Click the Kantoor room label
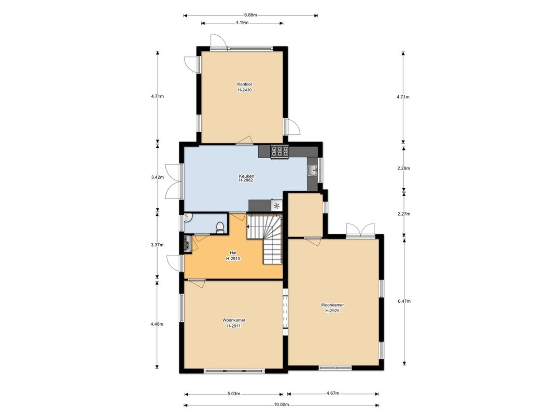[245, 85]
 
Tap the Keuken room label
[246, 176]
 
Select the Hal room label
[233, 253]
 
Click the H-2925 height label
[332, 311]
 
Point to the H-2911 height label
[233, 326]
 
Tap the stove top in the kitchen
[279, 151]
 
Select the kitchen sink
[313, 171]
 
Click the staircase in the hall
[265, 239]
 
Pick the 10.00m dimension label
[281, 404]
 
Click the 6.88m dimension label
[250, 15]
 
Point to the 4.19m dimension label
[242, 22]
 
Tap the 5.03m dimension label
[233, 394]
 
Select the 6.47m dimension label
[404, 301]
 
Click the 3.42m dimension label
[157, 177]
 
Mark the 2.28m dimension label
[403, 168]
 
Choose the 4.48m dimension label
[157, 324]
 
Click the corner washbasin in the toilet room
[188, 217]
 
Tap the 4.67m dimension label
[332, 393]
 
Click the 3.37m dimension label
[157, 245]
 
